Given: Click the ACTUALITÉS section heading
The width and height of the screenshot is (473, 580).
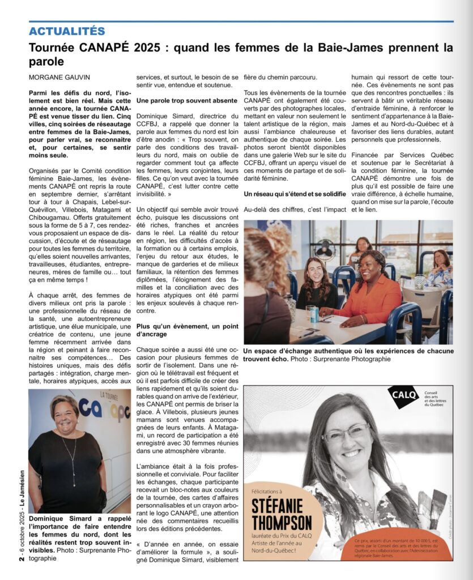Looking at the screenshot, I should (x=67, y=31).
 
